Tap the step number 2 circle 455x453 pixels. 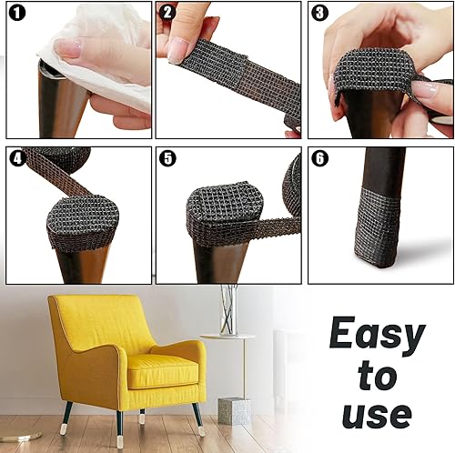pos(168,14)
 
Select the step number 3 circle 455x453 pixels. pos(319,14)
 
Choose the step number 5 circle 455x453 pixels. pos(168,157)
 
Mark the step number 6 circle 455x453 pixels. pos(319,157)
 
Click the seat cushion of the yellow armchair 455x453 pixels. pos(162,368)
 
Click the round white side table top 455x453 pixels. pos(227,337)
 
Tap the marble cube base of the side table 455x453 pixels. pos(234,410)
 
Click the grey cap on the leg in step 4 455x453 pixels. pos(82,218)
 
